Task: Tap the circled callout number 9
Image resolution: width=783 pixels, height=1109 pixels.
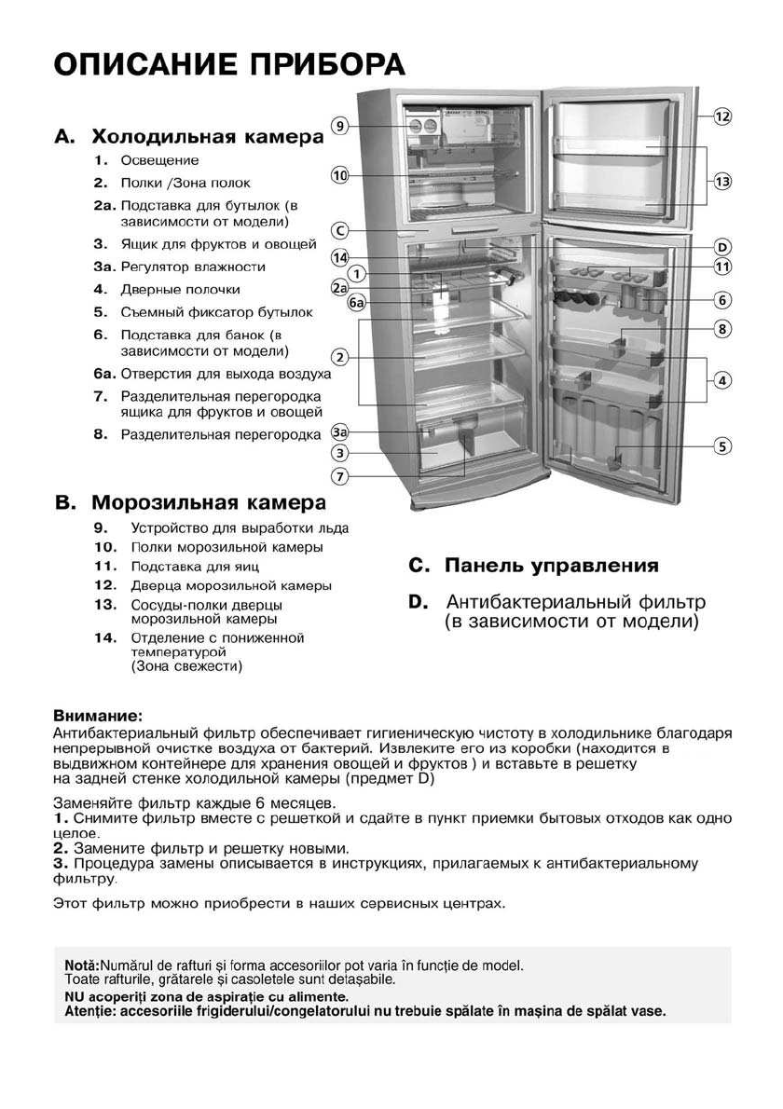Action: (340, 126)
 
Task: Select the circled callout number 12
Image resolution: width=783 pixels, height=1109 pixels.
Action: (722, 116)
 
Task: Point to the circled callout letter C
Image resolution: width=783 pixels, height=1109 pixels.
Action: (340, 230)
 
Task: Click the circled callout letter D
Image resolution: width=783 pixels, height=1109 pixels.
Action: (722, 247)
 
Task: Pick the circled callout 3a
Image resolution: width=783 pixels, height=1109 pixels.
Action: (340, 433)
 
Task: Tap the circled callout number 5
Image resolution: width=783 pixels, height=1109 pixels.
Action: (722, 445)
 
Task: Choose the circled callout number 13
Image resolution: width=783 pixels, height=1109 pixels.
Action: (722, 182)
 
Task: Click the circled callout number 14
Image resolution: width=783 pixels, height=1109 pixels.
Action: (340, 257)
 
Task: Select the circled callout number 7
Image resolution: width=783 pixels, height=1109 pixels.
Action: (340, 476)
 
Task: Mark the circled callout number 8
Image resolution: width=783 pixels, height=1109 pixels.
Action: (722, 328)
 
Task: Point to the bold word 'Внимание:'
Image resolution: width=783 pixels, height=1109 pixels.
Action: (98, 717)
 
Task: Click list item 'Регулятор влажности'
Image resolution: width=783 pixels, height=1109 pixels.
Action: (193, 267)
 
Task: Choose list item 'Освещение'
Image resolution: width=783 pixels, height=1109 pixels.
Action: (159, 160)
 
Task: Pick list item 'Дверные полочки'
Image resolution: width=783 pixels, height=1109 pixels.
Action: (180, 290)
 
